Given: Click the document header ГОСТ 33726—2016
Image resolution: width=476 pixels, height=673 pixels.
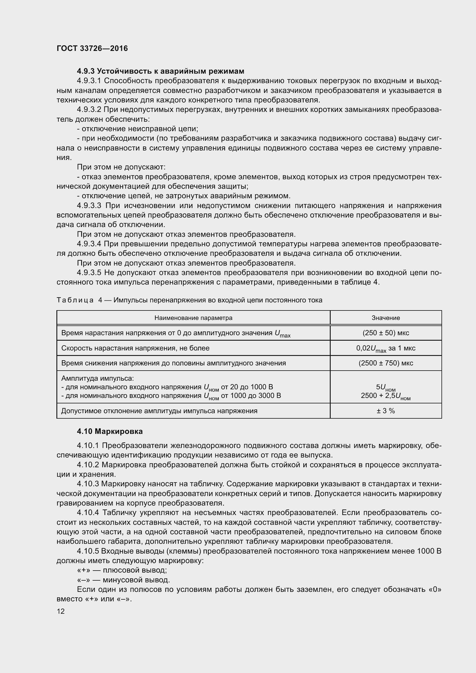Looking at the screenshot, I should (92, 49).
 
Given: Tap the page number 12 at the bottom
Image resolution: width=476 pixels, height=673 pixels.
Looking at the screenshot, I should (61, 611).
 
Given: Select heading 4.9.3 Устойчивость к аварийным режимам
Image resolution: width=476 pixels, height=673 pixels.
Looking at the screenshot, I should (160, 71).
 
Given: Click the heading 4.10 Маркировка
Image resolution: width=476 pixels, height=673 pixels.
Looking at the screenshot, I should (110, 431).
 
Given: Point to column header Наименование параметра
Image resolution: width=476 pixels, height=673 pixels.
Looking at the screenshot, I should (193, 318).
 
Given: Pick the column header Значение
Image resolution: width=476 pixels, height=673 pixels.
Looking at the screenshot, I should (385, 318).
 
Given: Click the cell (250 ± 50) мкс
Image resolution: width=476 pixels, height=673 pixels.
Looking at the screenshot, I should (385, 333).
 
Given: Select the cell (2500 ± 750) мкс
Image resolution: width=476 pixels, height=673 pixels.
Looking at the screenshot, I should (385, 363).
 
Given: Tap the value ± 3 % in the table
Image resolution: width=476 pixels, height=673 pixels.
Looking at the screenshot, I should (385, 411).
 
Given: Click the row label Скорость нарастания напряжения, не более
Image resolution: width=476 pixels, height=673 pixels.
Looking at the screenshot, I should (135, 348).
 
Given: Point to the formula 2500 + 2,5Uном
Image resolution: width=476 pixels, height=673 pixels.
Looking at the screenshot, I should (385, 396).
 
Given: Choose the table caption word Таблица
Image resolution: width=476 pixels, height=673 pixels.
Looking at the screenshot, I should (75, 300).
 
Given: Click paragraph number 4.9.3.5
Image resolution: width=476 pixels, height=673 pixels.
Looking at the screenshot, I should (89, 272).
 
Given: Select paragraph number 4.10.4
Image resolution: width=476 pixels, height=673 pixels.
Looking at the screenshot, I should (88, 512).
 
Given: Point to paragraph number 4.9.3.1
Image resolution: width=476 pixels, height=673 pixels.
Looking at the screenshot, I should (89, 81).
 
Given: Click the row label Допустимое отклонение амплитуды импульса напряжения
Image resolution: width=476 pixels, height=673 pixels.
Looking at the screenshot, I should (159, 411).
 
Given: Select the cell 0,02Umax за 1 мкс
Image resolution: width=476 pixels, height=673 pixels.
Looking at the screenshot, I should (385, 348).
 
